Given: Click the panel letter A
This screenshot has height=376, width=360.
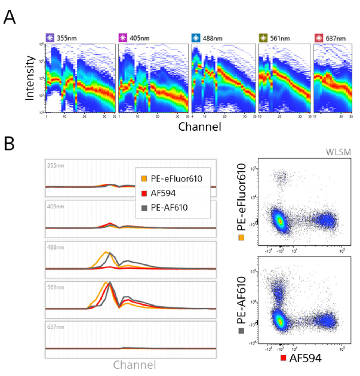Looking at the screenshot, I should pyautogui.click(x=10, y=17).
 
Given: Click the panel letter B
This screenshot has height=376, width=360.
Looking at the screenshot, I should pyautogui.click(x=10, y=144).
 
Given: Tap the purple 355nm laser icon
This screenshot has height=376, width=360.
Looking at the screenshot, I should pyautogui.click(x=50, y=39).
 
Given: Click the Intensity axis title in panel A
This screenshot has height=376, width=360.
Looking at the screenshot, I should pyautogui.click(x=30, y=79).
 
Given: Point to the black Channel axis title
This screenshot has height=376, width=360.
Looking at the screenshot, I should pyautogui.click(x=198, y=127).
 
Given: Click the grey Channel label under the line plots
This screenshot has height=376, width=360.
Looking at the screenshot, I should pyautogui.click(x=134, y=364).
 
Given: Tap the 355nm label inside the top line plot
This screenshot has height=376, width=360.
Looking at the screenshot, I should pyautogui.click(x=55, y=165).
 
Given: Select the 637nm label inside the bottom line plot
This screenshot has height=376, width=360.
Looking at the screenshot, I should pyautogui.click(x=55, y=327).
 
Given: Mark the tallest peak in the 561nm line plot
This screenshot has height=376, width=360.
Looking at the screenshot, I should pyautogui.click(x=110, y=282).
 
